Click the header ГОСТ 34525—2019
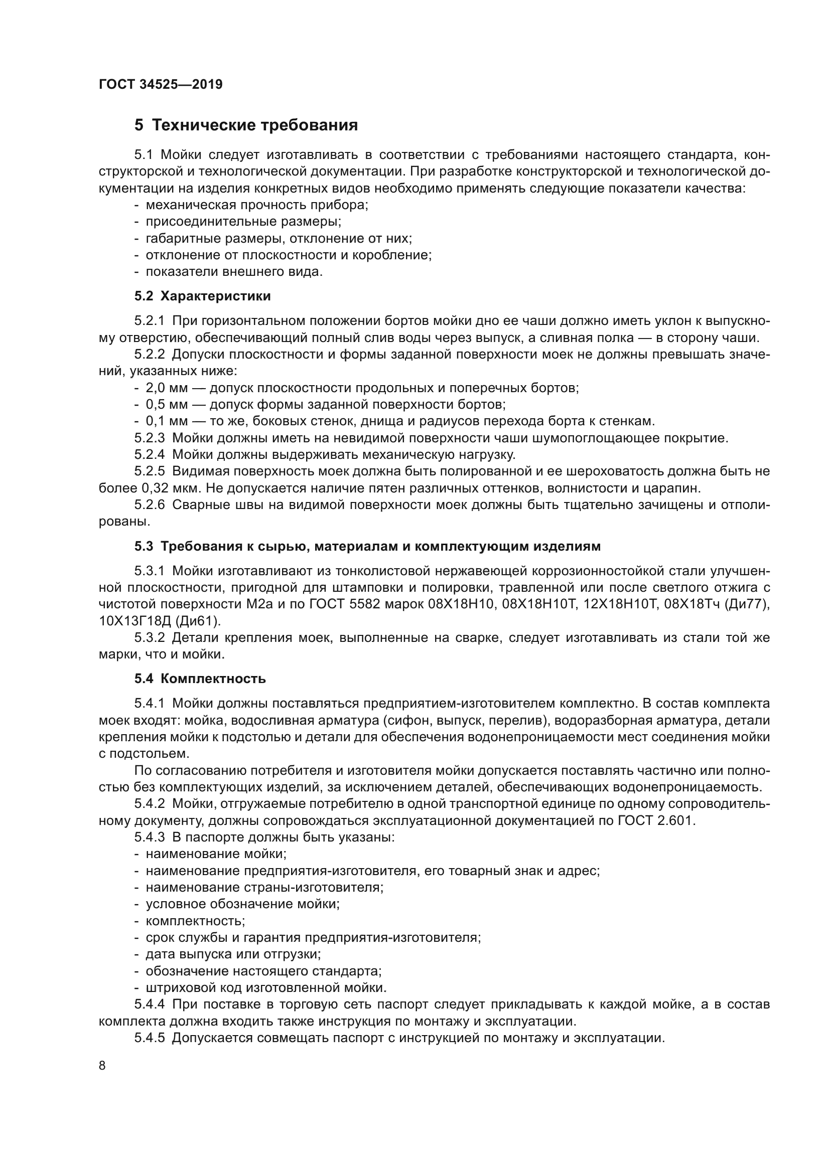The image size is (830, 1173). (x=161, y=84)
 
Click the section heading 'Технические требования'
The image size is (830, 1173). (x=255, y=125)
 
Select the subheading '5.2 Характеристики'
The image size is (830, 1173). (x=202, y=296)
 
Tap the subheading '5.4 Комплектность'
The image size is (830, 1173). (x=200, y=679)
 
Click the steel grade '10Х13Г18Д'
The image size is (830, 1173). (x=134, y=621)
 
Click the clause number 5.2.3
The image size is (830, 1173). (x=150, y=438)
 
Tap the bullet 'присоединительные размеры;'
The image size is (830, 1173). (x=244, y=222)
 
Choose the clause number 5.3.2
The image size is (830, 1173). (x=150, y=637)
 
